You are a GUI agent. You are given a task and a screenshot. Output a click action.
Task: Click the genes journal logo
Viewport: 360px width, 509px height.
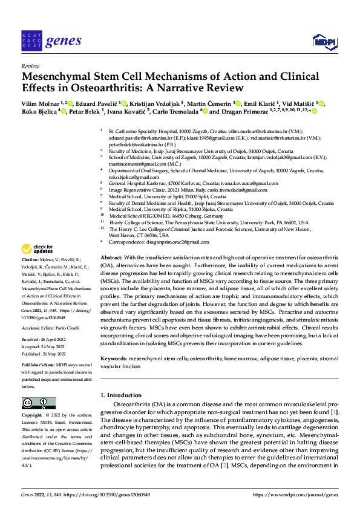pos(51,41)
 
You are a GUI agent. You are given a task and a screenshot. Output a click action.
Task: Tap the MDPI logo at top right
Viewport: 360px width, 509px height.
pos(324,41)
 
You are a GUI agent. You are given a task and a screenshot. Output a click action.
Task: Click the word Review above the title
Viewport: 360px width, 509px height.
pos(30,66)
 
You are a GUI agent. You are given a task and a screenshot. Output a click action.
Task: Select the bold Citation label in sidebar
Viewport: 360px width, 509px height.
pos(31,258)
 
